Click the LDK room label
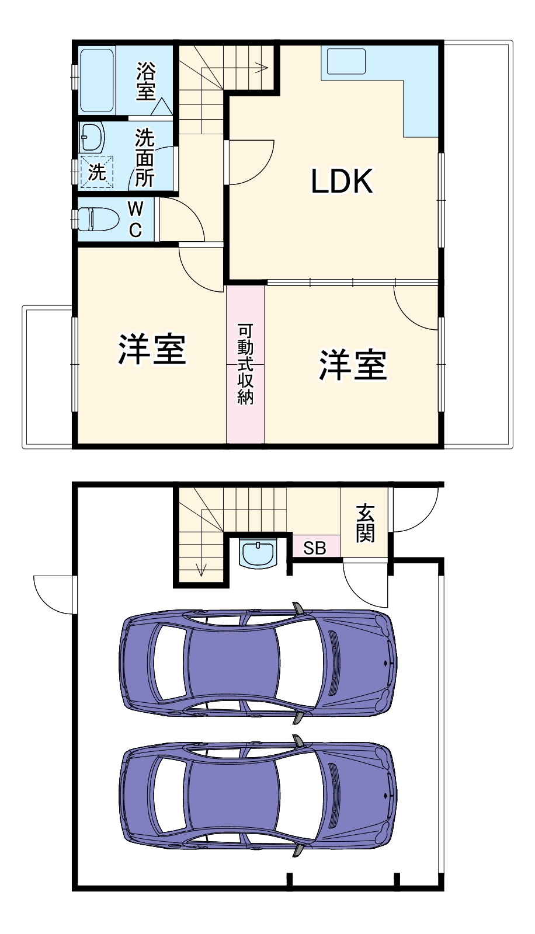342,182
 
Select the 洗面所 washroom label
144,158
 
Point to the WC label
135,219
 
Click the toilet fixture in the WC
96,219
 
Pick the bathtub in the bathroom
98,81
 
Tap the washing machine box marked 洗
96,172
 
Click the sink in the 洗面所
92,137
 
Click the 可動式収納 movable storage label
245,364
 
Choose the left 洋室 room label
152,350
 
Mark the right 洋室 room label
353,365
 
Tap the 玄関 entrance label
365,523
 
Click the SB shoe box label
315,548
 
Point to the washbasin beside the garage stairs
258,554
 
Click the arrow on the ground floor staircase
201,569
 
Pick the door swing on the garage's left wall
54,594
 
